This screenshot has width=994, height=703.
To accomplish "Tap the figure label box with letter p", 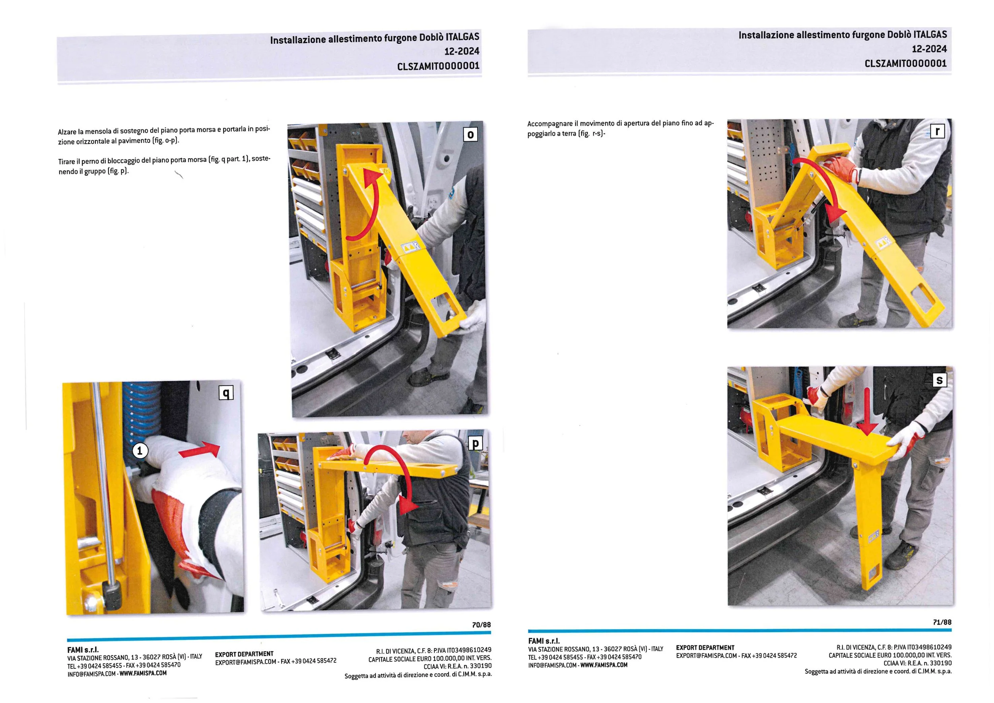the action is click(476, 443).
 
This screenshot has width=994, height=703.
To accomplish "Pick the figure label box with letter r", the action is click(937, 131).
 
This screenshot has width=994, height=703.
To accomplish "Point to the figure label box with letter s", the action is click(939, 380).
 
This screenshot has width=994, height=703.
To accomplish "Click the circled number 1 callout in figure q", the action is click(140, 451).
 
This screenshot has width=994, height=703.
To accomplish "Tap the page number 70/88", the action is click(481, 625).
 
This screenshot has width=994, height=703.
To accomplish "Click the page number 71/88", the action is click(942, 622).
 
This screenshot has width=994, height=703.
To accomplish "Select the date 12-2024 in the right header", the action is click(930, 49).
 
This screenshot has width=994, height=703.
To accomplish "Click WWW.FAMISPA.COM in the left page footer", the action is click(143, 673).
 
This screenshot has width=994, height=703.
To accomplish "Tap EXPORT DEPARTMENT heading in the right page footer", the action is click(705, 648).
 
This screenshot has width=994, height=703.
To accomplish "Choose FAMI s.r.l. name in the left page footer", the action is click(83, 650).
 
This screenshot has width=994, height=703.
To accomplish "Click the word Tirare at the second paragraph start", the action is click(67, 162).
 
